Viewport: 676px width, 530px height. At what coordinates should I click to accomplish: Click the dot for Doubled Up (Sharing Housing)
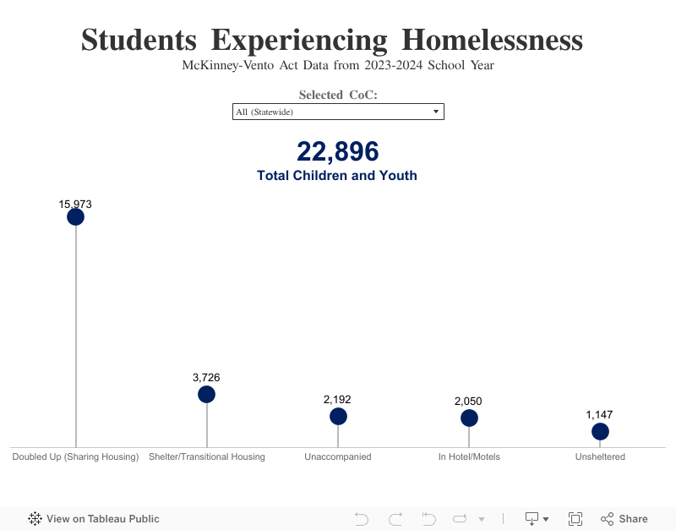pyautogui.click(x=75, y=217)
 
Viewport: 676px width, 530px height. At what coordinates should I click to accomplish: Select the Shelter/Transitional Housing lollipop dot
pyautogui.click(x=207, y=395)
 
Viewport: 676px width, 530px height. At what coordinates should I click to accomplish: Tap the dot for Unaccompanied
pyautogui.click(x=338, y=416)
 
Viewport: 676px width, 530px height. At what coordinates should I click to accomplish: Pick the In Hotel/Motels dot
pyautogui.click(x=469, y=418)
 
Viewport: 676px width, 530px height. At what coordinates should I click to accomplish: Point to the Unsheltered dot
pyautogui.click(x=600, y=432)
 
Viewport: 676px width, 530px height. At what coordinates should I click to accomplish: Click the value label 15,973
pyautogui.click(x=75, y=204)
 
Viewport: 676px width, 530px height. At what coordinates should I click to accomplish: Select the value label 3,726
pyautogui.click(x=206, y=378)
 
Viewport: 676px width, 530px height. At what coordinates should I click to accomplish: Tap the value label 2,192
pyautogui.click(x=337, y=399)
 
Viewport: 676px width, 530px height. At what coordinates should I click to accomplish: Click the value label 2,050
pyautogui.click(x=468, y=401)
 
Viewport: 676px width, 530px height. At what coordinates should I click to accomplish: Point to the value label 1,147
pyautogui.click(x=599, y=415)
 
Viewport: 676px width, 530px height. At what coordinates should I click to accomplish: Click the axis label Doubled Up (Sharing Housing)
pyautogui.click(x=75, y=457)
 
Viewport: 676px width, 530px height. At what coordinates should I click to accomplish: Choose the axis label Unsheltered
pyautogui.click(x=600, y=457)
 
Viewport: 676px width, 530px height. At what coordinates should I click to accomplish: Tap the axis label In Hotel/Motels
pyautogui.click(x=469, y=457)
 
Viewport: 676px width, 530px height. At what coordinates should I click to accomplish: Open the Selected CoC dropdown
pyautogui.click(x=338, y=112)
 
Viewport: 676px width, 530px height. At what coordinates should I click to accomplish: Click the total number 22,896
pyautogui.click(x=337, y=152)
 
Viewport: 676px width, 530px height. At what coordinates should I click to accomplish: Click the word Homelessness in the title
pyautogui.click(x=492, y=40)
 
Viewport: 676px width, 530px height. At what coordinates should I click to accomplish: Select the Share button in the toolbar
pyautogui.click(x=624, y=519)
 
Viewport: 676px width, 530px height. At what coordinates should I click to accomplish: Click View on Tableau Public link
pyautogui.click(x=94, y=519)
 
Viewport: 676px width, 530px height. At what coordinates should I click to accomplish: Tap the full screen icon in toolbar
pyautogui.click(x=575, y=519)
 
